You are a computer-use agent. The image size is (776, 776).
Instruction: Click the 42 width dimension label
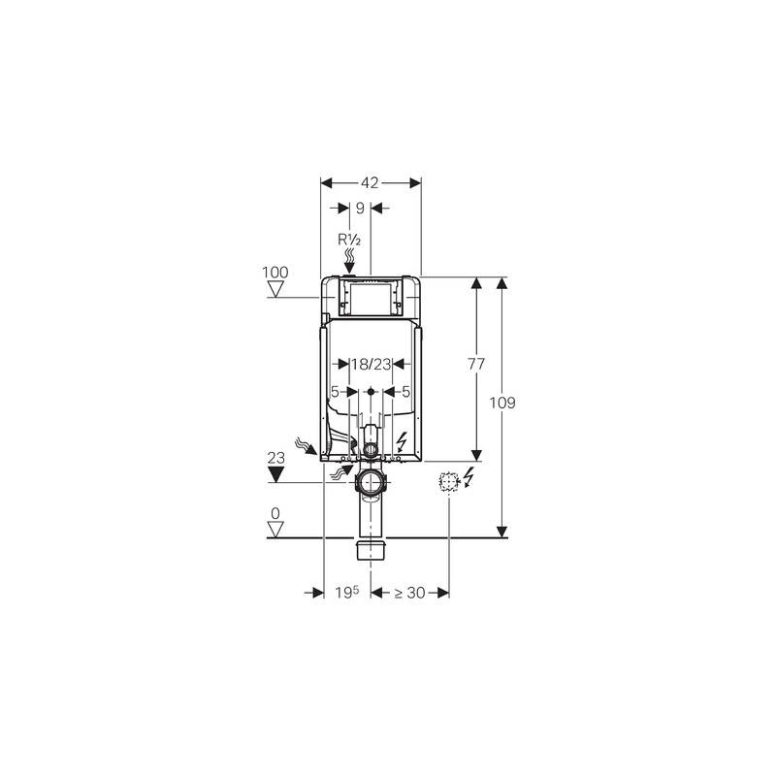pos(370,183)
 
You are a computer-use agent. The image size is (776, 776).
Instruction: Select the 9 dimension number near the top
pos(360,209)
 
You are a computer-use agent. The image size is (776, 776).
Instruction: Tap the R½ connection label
pos(349,240)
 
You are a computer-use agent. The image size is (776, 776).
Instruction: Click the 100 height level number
pos(275,273)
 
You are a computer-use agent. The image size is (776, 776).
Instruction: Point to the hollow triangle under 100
pos(275,288)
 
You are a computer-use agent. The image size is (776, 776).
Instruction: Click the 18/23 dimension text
pos(372,365)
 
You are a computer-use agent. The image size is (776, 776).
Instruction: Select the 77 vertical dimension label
pos(476,365)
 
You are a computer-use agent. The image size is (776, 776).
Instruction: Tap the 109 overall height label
pos(502,403)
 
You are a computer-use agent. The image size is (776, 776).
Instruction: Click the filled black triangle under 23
pos(275,474)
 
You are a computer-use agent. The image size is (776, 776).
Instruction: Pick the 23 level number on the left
pos(276,458)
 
